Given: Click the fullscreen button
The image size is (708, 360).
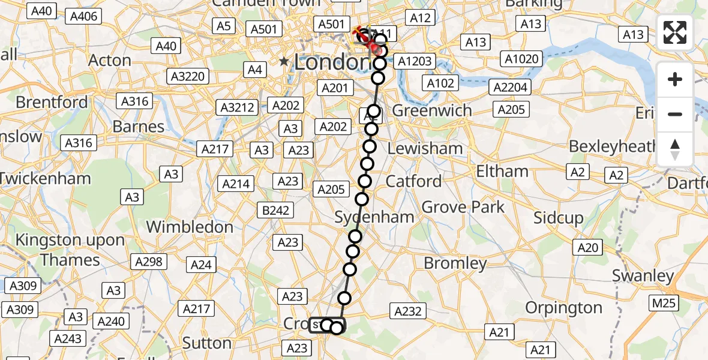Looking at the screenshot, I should pos(675,32).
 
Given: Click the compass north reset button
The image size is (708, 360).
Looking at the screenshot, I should pos(675,149).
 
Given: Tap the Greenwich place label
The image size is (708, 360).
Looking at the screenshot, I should pos(432,111).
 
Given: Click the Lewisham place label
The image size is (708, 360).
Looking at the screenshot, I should pos(425,148).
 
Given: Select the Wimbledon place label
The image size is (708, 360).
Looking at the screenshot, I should pos(190,227).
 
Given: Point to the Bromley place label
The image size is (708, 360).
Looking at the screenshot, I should pos(455,263).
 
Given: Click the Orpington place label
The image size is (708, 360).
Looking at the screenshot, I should pos(563,308).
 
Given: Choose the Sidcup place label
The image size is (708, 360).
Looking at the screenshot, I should pos(558,218).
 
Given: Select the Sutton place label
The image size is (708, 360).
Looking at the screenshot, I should pos(206,343).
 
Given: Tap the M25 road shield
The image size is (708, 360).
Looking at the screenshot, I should pos(664,303).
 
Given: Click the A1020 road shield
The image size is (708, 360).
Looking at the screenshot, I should pos(522,59).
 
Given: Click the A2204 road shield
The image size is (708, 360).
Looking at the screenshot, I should pos(511,88).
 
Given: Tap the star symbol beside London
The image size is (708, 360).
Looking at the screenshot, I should pos(284,61).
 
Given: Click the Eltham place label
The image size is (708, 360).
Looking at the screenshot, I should pos(502,172).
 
